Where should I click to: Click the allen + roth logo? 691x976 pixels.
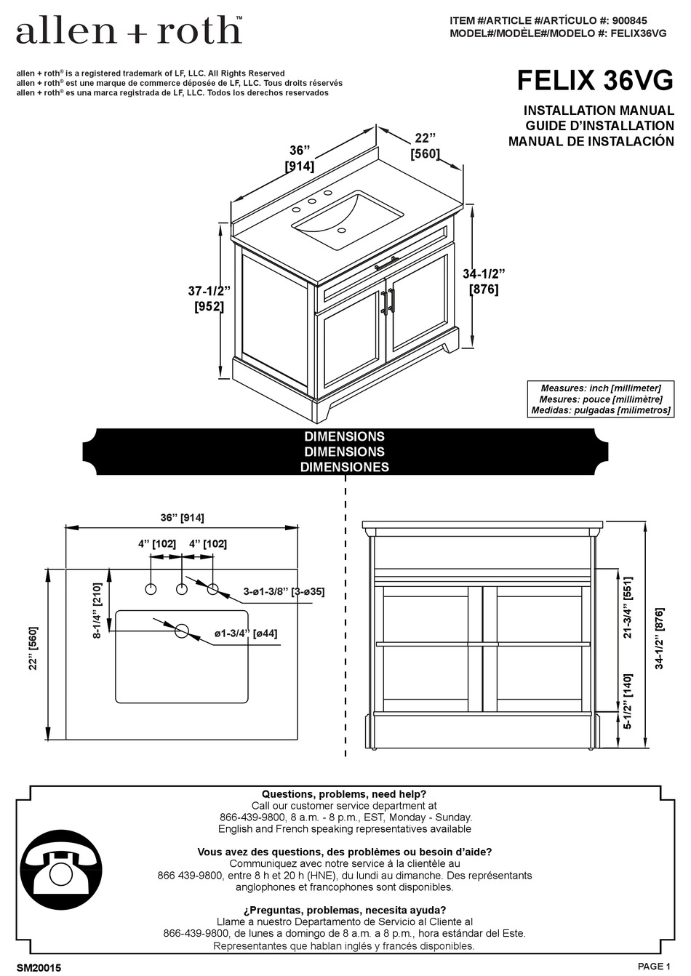tap(129, 31)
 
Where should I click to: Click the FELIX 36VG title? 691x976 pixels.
tap(594, 81)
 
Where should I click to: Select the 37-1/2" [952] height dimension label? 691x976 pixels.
tap(209, 299)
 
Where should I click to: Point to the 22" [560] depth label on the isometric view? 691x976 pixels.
tap(426, 145)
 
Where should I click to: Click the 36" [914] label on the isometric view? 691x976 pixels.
tap(299, 158)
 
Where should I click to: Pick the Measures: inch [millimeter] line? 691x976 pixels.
tap(600, 388)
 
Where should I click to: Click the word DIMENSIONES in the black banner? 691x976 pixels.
tap(345, 467)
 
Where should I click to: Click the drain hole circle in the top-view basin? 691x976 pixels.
tap(181, 631)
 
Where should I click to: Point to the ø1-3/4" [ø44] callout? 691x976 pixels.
tap(245, 633)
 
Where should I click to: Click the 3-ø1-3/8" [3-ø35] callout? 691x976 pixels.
tap(284, 591)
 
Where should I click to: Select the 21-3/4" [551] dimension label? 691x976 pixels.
tap(628, 607)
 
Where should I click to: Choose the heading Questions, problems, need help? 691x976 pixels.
tap(344, 794)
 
